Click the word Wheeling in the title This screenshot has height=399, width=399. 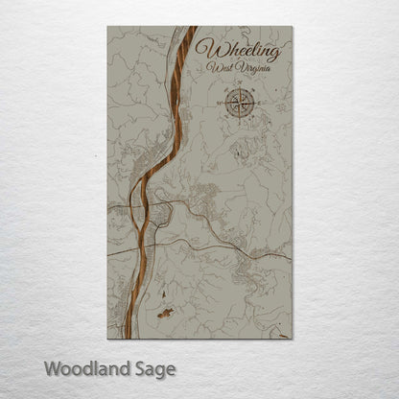click(x=238, y=50)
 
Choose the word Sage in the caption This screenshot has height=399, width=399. click(x=150, y=368)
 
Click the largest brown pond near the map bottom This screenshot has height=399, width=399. click(x=166, y=312)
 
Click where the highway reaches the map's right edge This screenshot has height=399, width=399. click(x=291, y=260)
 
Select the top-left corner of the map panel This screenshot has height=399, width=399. click(x=107, y=27)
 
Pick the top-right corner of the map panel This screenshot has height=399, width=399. click(x=292, y=27)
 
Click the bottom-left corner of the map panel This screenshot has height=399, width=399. click(x=107, y=339)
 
